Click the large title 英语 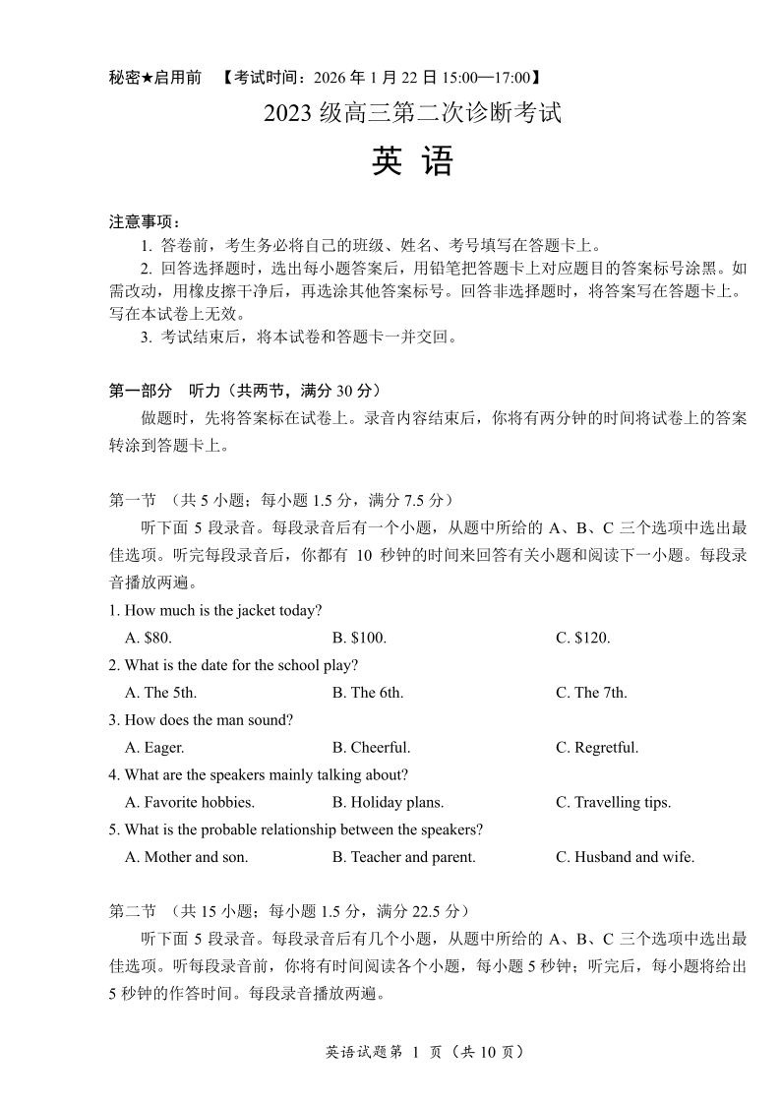coord(412,161)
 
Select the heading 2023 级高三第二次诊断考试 coord(412,113)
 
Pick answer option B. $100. coord(359,638)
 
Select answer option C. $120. coord(582,638)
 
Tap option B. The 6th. coord(368,693)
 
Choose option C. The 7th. coord(591,693)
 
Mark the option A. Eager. coord(154,748)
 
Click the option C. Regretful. coord(597,748)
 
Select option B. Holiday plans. coord(388,803)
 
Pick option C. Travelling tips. coord(613,803)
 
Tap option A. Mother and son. coord(187,857)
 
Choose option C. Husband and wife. coord(625,857)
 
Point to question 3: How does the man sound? coord(202,720)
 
